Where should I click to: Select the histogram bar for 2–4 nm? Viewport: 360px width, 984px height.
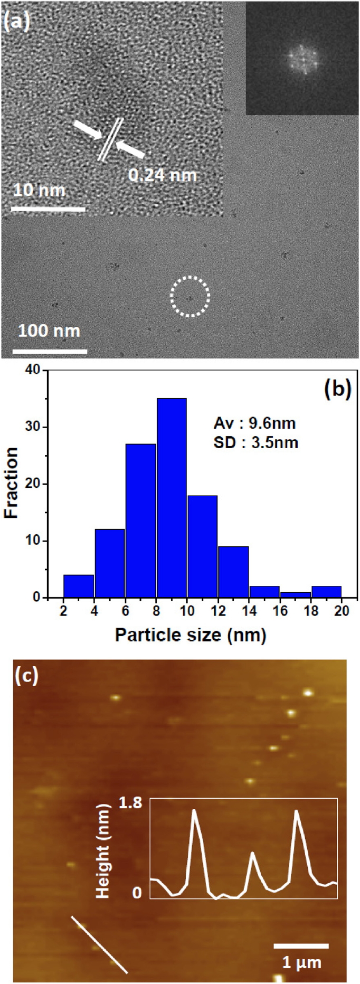click(x=79, y=586)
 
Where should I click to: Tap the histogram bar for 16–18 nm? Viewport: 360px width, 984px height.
click(x=295, y=595)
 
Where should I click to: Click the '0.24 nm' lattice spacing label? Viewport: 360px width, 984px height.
click(x=163, y=175)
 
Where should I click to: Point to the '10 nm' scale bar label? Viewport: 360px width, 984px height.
click(x=40, y=190)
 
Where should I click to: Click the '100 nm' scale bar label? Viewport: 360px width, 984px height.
click(x=49, y=332)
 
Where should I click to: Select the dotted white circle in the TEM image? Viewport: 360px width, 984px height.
click(x=190, y=297)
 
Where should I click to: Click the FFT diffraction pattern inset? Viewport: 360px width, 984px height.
click(x=302, y=58)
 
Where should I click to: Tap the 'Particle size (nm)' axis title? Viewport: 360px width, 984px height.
click(x=191, y=634)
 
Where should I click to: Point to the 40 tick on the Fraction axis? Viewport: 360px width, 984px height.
click(x=33, y=370)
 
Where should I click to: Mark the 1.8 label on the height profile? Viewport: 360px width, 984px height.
click(x=131, y=803)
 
